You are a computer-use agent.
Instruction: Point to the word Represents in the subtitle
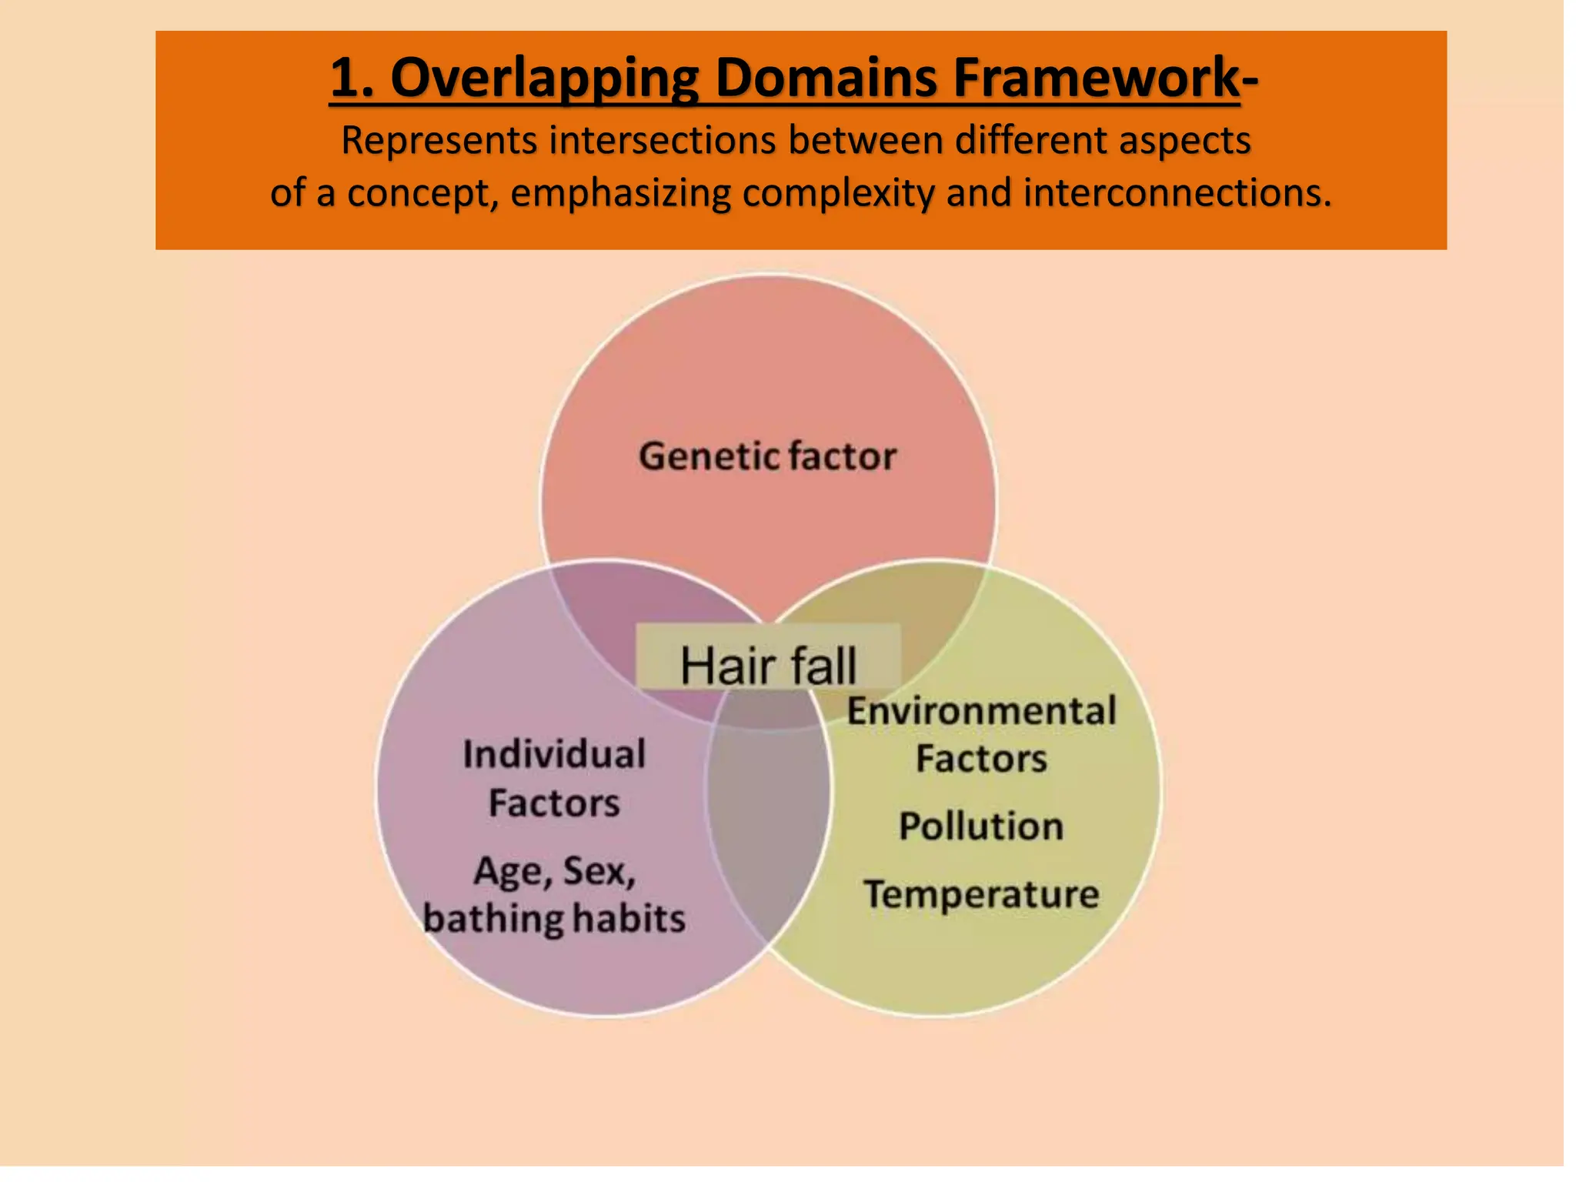(x=439, y=142)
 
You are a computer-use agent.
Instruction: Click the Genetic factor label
(x=767, y=456)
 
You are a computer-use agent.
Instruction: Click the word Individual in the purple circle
(x=554, y=754)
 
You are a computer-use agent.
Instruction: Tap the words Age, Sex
(x=554, y=872)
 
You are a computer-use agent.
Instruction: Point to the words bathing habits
(x=554, y=919)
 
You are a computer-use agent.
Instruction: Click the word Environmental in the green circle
(x=981, y=710)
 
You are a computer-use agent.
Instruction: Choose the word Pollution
(x=981, y=826)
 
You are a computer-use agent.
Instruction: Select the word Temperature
(x=981, y=894)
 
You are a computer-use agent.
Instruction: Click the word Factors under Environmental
(x=981, y=759)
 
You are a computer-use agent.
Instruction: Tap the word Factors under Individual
(x=554, y=803)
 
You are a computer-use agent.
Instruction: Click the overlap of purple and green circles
(x=768, y=816)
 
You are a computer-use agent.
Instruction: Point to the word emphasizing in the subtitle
(x=620, y=193)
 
